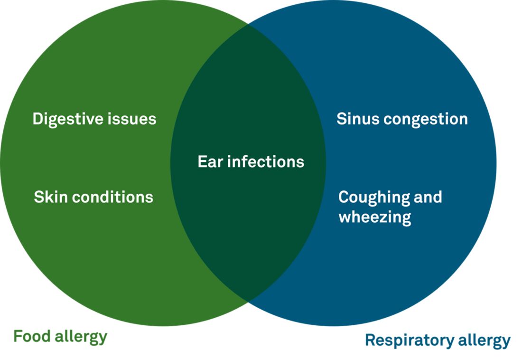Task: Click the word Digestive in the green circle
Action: click(68, 119)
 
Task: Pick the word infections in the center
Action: click(266, 161)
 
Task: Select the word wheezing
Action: click(375, 218)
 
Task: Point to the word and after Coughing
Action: click(428, 197)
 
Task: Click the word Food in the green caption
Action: click(32, 336)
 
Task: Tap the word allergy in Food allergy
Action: click(81, 337)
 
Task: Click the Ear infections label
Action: click(251, 161)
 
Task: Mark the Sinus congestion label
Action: click(402, 120)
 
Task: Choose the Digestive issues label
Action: click(94, 119)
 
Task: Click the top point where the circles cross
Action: click(248, 24)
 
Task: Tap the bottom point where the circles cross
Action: click(248, 302)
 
